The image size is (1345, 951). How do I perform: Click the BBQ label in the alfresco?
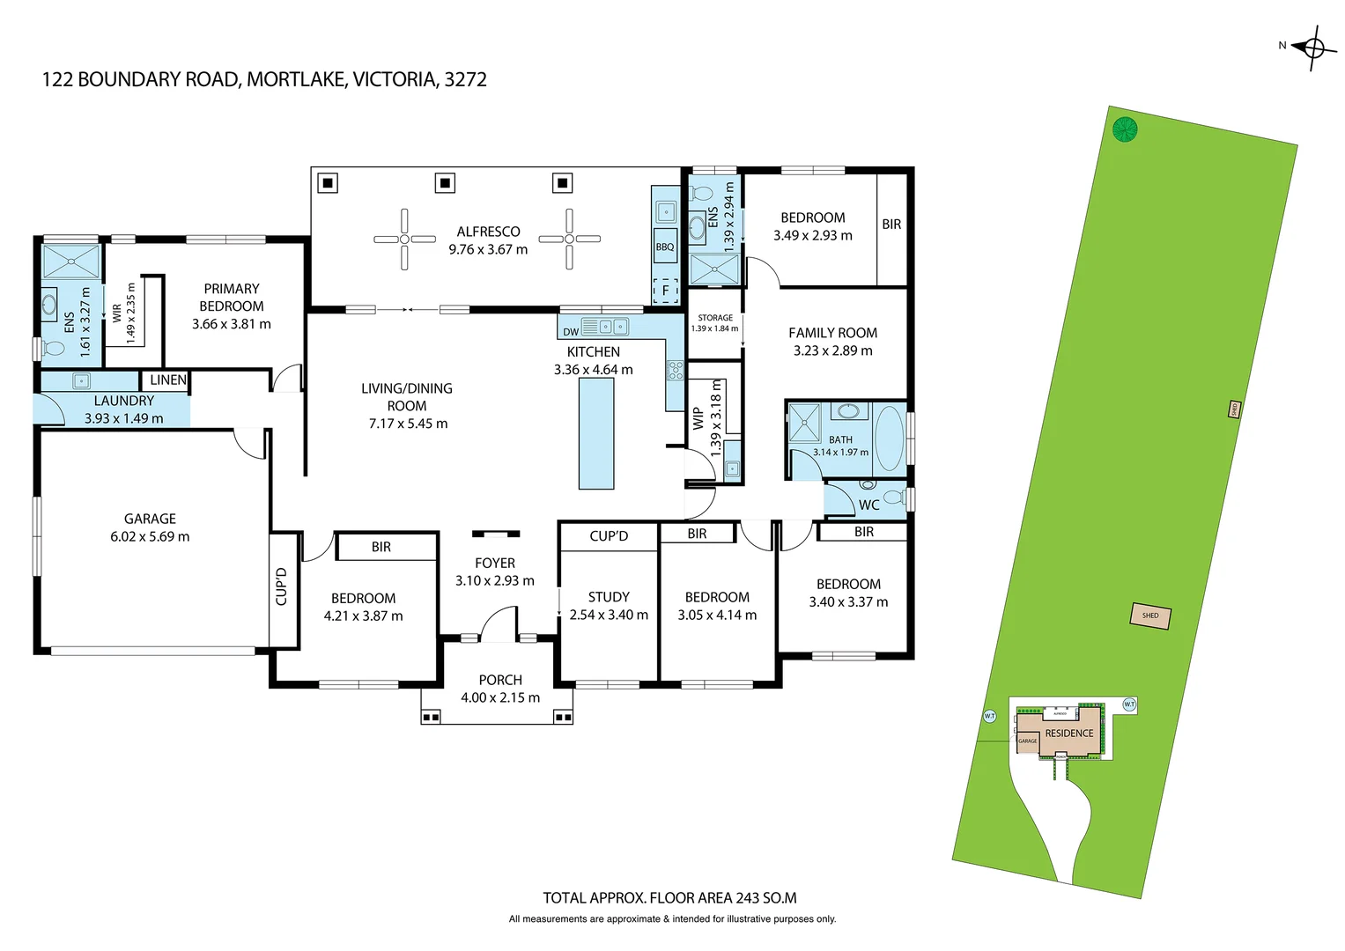point(665,247)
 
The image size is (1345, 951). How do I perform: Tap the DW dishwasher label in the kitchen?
point(571,332)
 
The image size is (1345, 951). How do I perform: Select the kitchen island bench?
point(596,434)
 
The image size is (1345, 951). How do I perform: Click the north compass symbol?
point(1312,48)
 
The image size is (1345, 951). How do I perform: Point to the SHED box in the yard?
point(1150,616)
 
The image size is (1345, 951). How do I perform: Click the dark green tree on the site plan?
point(1125,129)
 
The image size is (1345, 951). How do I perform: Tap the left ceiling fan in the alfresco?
point(404,239)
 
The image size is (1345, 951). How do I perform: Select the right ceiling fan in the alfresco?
point(569,239)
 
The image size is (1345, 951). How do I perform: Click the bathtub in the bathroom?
point(889,438)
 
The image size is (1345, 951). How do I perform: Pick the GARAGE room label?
point(150,519)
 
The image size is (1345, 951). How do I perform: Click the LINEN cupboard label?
point(167,380)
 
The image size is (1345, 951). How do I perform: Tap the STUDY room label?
point(609,597)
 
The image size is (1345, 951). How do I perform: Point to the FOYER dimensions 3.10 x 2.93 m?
point(494,580)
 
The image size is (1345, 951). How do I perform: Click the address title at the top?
point(264,79)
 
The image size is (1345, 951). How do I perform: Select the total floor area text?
point(669,898)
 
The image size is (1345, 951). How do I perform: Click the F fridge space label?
point(665,291)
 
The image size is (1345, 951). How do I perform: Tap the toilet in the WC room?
point(893,498)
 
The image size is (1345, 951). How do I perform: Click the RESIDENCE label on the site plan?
point(1069,734)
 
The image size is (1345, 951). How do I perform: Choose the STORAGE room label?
point(715,318)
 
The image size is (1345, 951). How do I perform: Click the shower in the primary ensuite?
point(72,262)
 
